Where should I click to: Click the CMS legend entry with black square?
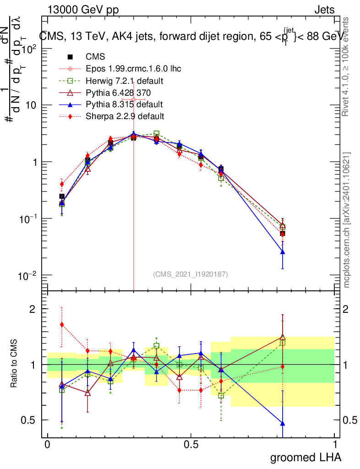[x=95, y=57]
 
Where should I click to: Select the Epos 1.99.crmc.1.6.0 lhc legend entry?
[x=133, y=69]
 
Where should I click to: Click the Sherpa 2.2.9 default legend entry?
[x=125, y=116]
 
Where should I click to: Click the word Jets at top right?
[x=324, y=10]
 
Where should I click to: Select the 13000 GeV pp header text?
[x=83, y=10]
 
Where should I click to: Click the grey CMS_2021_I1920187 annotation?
[x=191, y=274]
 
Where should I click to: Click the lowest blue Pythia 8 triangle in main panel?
[x=283, y=252]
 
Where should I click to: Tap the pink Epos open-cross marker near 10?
[x=134, y=99]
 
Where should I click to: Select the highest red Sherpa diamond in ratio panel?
[x=62, y=325]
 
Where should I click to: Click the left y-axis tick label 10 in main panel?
[x=30, y=105]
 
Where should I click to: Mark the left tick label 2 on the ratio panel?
[x=33, y=309]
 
